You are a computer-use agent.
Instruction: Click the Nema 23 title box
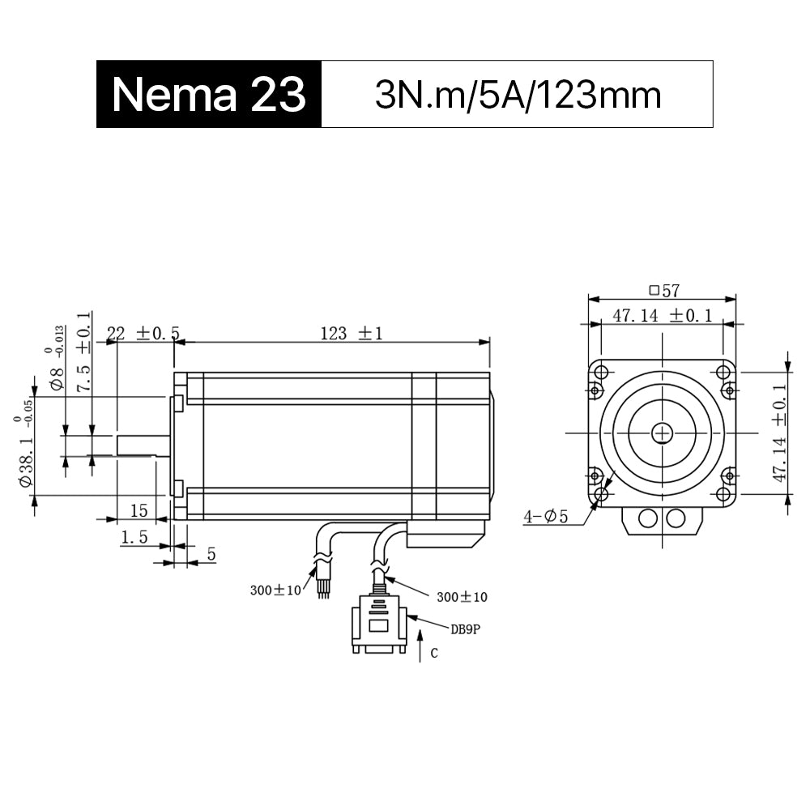[209, 95]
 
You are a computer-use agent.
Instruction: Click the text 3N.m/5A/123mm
[518, 95]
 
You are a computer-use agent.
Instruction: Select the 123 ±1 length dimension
[351, 333]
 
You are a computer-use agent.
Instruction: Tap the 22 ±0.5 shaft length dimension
[143, 333]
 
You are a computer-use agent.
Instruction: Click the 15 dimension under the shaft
[139, 510]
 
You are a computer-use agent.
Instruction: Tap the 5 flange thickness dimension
[211, 554]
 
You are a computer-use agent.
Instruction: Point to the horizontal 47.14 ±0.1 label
[662, 315]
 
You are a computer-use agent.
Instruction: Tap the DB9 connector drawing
[378, 623]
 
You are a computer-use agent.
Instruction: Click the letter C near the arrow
[434, 653]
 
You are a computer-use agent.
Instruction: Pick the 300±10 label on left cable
[275, 590]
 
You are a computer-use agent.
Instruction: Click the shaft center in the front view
[663, 433]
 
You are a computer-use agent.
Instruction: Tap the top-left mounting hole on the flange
[600, 372]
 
